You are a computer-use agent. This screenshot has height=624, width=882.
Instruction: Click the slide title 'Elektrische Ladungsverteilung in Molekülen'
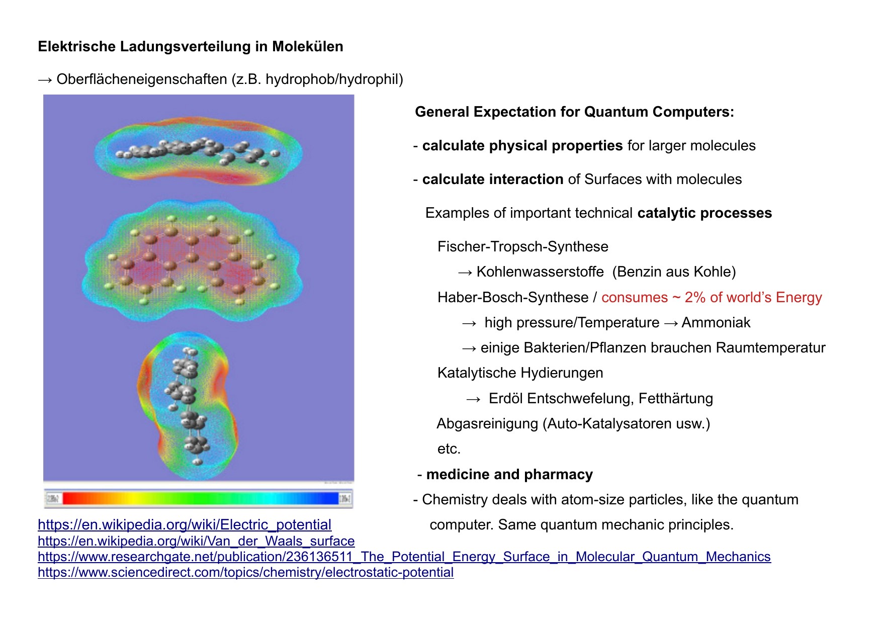191,46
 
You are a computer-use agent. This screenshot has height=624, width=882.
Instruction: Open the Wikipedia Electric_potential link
185,524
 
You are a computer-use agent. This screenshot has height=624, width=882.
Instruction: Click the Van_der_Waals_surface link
196,541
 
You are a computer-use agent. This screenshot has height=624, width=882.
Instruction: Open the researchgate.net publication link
404,557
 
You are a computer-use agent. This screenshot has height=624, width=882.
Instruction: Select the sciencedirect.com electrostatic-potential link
246,572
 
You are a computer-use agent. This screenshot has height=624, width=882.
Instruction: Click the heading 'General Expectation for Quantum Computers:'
574,112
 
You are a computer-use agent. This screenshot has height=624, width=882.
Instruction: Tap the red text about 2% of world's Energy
712,297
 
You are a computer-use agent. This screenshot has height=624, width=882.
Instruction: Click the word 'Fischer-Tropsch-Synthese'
523,246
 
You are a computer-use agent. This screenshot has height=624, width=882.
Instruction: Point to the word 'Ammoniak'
716,322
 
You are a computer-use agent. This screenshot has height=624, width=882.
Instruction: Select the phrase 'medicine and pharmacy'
509,474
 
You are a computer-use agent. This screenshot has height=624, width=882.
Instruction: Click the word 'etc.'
449,449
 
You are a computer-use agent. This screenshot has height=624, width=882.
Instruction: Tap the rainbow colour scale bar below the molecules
199,498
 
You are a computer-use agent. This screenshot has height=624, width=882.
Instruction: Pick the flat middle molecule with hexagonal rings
193,261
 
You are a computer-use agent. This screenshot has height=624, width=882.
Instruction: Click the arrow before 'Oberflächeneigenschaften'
45,79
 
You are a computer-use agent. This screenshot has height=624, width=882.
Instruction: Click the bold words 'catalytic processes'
704,213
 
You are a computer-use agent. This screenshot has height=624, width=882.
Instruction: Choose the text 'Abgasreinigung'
487,423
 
